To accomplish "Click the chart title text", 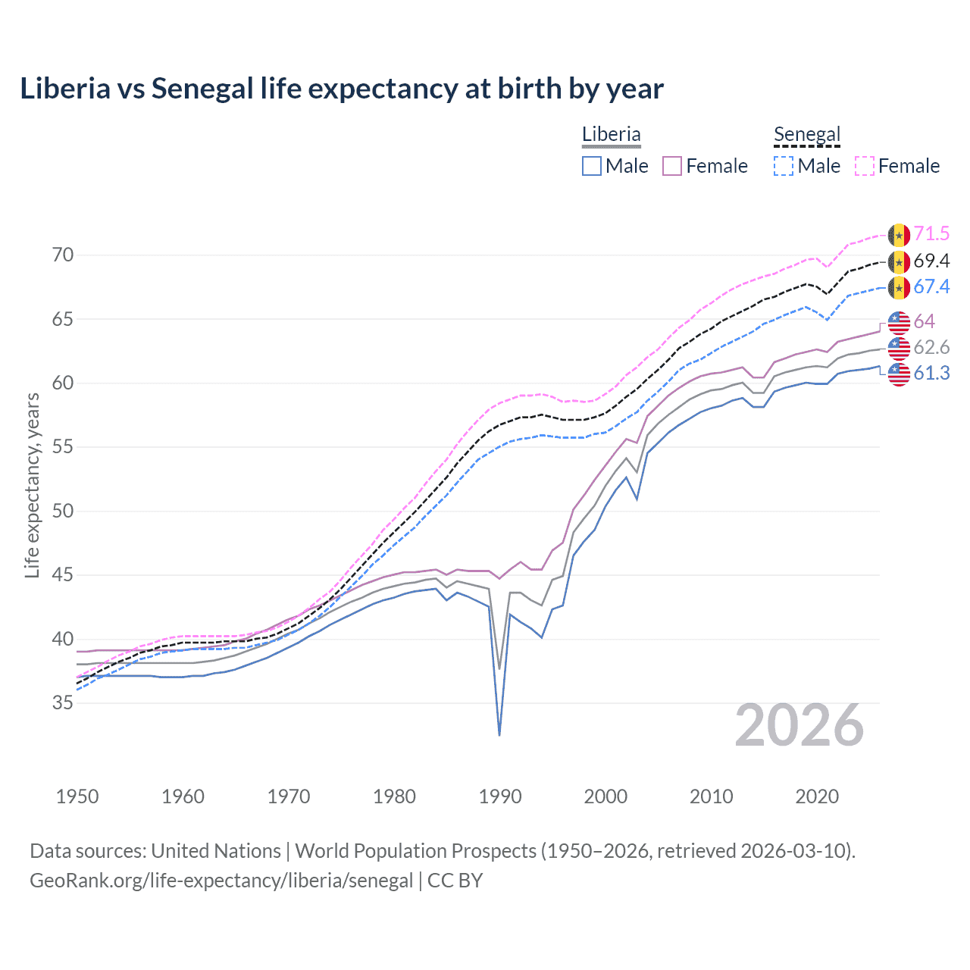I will click(342, 89).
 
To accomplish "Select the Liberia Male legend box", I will click(592, 166).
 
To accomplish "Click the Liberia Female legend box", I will click(672, 166).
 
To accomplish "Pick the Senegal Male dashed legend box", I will click(784, 166).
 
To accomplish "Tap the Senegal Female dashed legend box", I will click(865, 166).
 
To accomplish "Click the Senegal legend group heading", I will click(807, 135).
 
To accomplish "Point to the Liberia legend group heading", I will click(611, 135).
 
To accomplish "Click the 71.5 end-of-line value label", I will click(931, 234).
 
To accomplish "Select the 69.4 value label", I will click(931, 261).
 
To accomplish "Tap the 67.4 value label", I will click(931, 287).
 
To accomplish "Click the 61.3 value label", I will click(931, 374).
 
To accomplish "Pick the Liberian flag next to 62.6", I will click(899, 348).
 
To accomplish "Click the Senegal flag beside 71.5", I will click(899, 235).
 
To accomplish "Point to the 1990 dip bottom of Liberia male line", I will click(499, 734).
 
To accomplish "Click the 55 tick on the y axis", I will click(63, 447).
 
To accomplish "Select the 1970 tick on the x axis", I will click(289, 796).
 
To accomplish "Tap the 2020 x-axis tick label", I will click(817, 796).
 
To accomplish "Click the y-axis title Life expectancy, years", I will click(32, 485).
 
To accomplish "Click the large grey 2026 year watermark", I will click(799, 726).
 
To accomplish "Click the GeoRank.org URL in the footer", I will click(221, 881).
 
